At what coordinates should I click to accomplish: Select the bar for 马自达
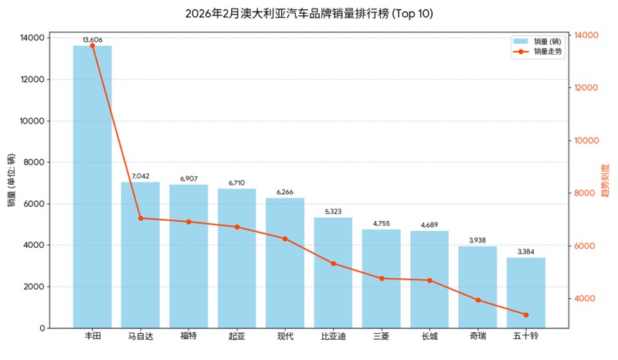click(x=141, y=255)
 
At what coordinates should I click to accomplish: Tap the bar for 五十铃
click(x=526, y=293)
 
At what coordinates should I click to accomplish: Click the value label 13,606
click(x=92, y=39)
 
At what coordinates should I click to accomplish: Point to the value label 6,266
click(x=285, y=192)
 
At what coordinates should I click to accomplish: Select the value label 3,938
click(x=477, y=240)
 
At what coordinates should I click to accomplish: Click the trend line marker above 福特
click(x=188, y=222)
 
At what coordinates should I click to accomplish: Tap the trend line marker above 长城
click(x=430, y=280)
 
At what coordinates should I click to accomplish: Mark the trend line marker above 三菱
click(x=382, y=278)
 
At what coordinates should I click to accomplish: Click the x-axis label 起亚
click(x=237, y=337)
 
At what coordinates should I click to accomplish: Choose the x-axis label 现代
click(x=285, y=337)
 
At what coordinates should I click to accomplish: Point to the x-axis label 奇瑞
click(x=477, y=337)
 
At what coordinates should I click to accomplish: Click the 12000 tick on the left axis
click(x=34, y=80)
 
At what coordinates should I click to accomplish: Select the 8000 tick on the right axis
click(x=586, y=193)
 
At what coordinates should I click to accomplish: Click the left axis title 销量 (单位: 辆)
click(x=12, y=182)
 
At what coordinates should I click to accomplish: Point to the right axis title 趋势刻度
click(x=605, y=182)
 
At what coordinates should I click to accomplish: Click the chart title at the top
click(x=309, y=14)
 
